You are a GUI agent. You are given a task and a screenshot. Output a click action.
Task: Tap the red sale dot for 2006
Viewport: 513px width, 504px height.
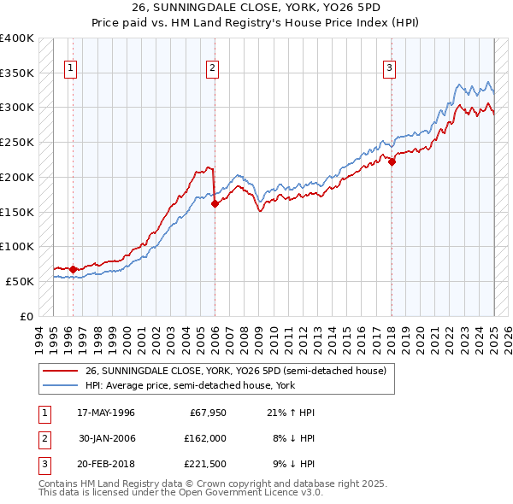[215, 203]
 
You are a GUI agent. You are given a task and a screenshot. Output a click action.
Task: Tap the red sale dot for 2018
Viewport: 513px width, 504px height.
[392, 161]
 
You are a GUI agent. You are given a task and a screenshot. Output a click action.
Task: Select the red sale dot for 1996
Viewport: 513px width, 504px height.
[73, 269]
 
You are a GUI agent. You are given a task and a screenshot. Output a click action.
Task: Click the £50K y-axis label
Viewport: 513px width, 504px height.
[20, 281]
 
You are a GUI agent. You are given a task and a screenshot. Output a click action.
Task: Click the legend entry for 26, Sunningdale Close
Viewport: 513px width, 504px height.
[236, 371]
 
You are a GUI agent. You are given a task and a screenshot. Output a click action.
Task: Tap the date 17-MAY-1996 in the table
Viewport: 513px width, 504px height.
[106, 413]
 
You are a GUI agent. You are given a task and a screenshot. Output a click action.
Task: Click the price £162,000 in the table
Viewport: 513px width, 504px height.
[203, 438]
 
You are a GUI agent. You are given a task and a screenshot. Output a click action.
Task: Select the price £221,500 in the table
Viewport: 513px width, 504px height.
[203, 464]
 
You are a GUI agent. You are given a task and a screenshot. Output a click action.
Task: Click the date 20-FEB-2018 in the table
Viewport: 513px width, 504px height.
[106, 464]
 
